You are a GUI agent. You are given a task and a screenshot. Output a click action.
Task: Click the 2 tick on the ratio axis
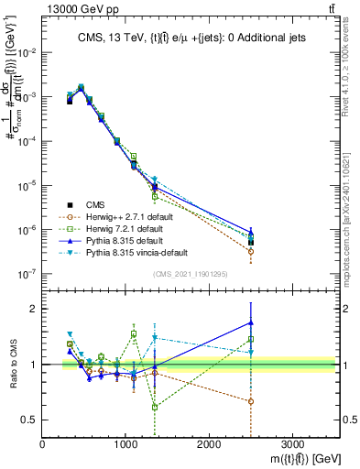pyautogui.click(x=34, y=309)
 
